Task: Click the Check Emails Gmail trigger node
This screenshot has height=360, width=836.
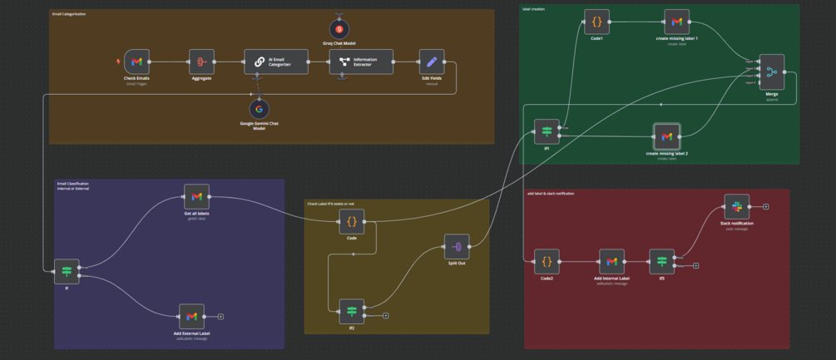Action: click(136, 62)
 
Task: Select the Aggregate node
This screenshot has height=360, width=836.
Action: click(201, 62)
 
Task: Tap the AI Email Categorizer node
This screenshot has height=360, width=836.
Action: click(275, 62)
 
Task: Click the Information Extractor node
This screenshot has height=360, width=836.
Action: click(360, 62)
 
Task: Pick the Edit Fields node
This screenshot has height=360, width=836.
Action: click(431, 62)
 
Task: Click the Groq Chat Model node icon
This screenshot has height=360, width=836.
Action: click(339, 29)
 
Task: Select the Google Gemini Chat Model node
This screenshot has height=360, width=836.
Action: click(259, 109)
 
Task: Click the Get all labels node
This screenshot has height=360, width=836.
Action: click(196, 196)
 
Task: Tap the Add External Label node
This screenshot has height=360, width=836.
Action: click(191, 316)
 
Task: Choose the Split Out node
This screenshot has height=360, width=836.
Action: click(456, 246)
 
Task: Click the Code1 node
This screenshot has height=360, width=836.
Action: click(596, 22)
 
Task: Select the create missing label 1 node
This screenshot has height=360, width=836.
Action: click(677, 22)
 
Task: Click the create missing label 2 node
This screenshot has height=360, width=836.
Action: click(665, 136)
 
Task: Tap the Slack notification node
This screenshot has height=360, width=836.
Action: click(736, 206)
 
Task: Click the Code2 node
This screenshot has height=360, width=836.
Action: click(547, 261)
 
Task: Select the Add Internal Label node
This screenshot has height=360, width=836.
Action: click(611, 261)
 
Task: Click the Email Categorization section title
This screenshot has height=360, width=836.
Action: click(69, 14)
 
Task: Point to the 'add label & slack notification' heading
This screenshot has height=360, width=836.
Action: click(551, 194)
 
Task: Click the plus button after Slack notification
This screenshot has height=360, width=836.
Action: click(766, 206)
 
